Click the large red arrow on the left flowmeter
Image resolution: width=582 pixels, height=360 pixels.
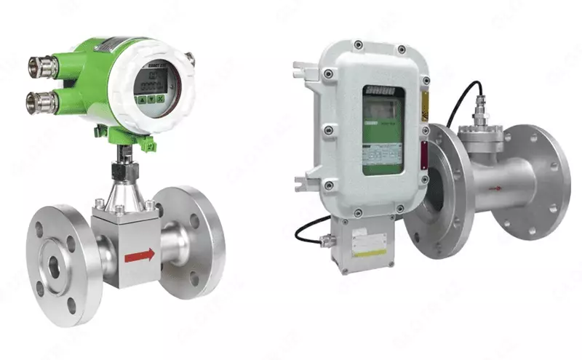point(140,255)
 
